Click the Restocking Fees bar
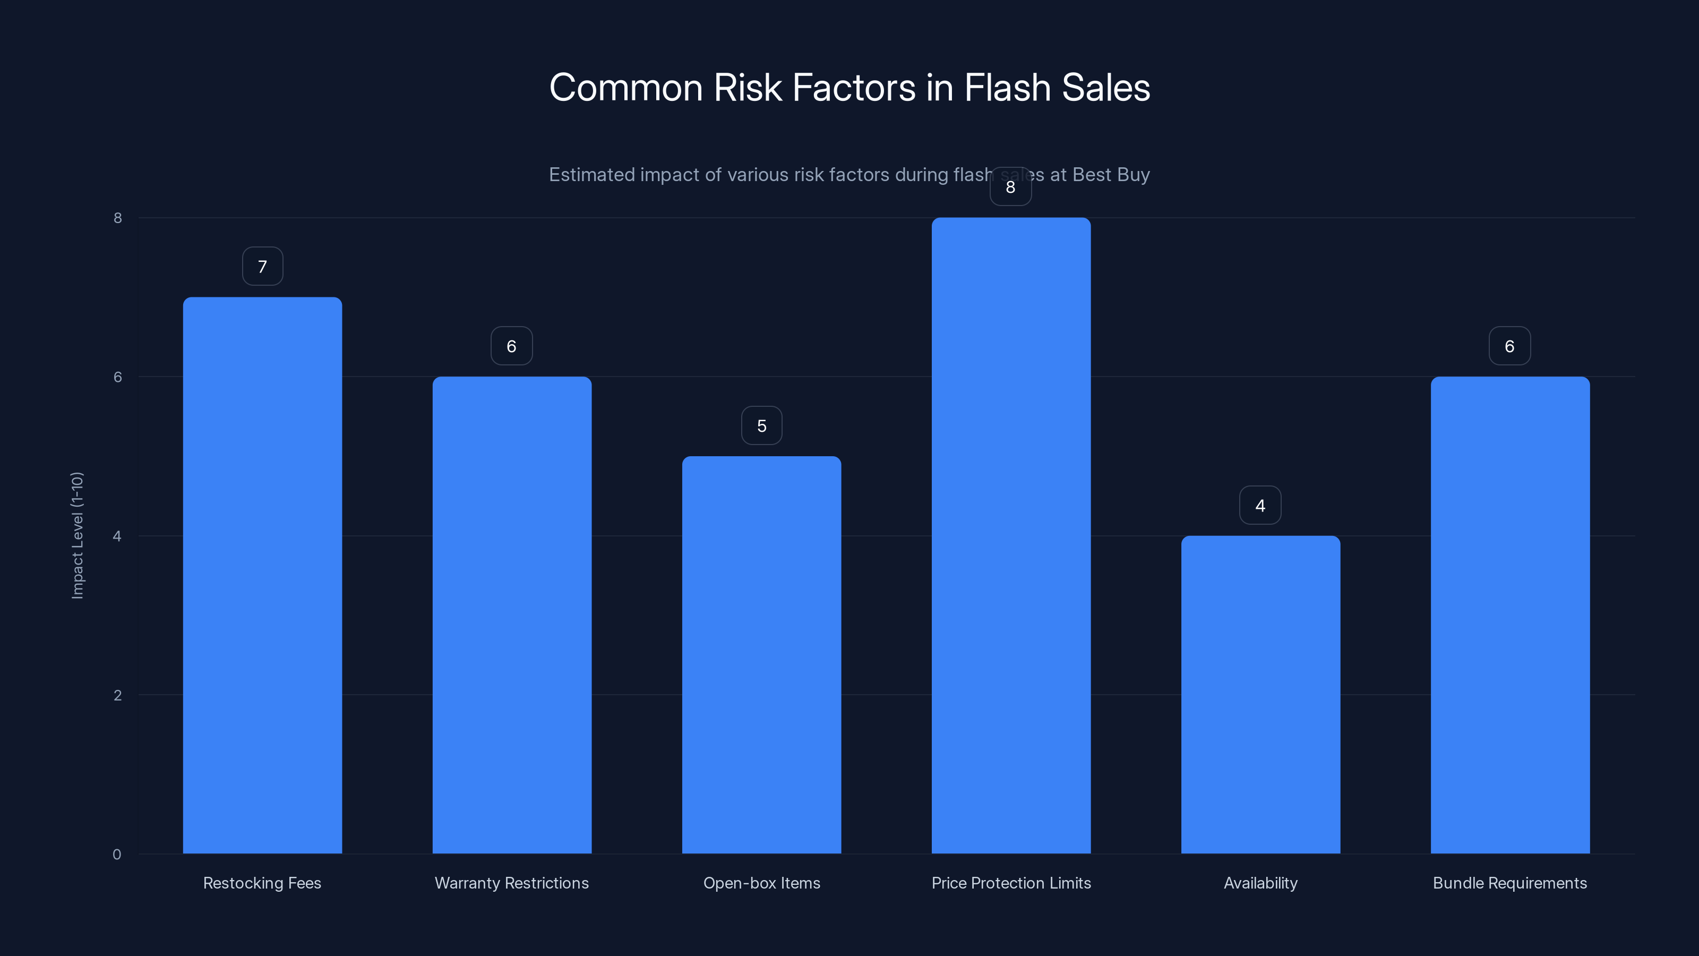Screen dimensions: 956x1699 (262, 575)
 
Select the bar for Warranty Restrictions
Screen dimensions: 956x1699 (512, 614)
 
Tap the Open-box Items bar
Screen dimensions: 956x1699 (761, 654)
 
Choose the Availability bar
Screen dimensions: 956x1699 (1260, 694)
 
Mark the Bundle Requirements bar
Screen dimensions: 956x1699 (1509, 614)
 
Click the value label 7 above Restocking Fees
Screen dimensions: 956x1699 (262, 267)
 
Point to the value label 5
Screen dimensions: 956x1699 (761, 425)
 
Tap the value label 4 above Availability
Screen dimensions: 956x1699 (1260, 506)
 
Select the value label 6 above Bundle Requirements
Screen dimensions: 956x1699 (1509, 346)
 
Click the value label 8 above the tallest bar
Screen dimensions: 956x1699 (1010, 187)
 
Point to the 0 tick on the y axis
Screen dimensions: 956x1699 (117, 855)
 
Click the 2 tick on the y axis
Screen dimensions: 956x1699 (117, 695)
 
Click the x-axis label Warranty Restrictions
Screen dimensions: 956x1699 (512, 883)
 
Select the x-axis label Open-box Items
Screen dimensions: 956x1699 (761, 883)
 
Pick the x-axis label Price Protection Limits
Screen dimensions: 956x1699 (1010, 883)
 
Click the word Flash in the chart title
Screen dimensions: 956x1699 (1007, 88)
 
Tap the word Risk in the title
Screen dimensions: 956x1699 (747, 88)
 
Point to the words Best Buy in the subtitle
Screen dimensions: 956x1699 (1111, 175)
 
